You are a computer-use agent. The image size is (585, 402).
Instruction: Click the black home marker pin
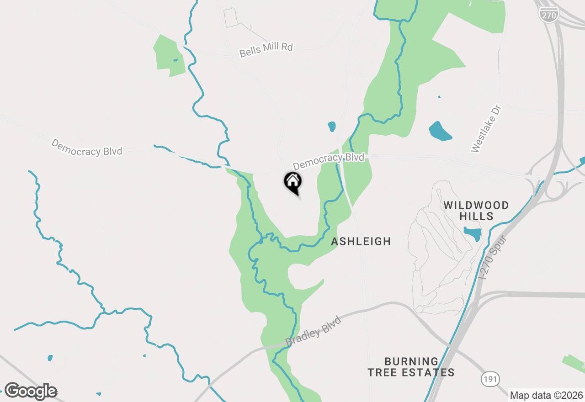293,182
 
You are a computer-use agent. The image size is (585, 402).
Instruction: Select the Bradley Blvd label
314,331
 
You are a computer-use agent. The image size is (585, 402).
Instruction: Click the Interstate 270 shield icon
548,15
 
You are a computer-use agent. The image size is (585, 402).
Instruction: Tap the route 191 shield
490,379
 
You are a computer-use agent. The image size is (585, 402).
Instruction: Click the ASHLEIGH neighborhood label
361,241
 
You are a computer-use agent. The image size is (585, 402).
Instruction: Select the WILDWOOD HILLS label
476,211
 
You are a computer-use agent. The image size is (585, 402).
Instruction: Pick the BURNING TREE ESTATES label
411,367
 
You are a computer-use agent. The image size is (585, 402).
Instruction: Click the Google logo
31,391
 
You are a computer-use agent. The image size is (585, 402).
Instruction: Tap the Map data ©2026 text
547,395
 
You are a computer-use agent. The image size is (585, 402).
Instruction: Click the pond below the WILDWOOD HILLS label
473,233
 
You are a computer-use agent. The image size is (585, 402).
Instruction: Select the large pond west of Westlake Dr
440,131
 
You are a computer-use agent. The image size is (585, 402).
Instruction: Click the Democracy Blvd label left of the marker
86,147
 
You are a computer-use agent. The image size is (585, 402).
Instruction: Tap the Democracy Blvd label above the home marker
329,161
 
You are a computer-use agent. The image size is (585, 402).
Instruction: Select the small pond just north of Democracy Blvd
332,127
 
